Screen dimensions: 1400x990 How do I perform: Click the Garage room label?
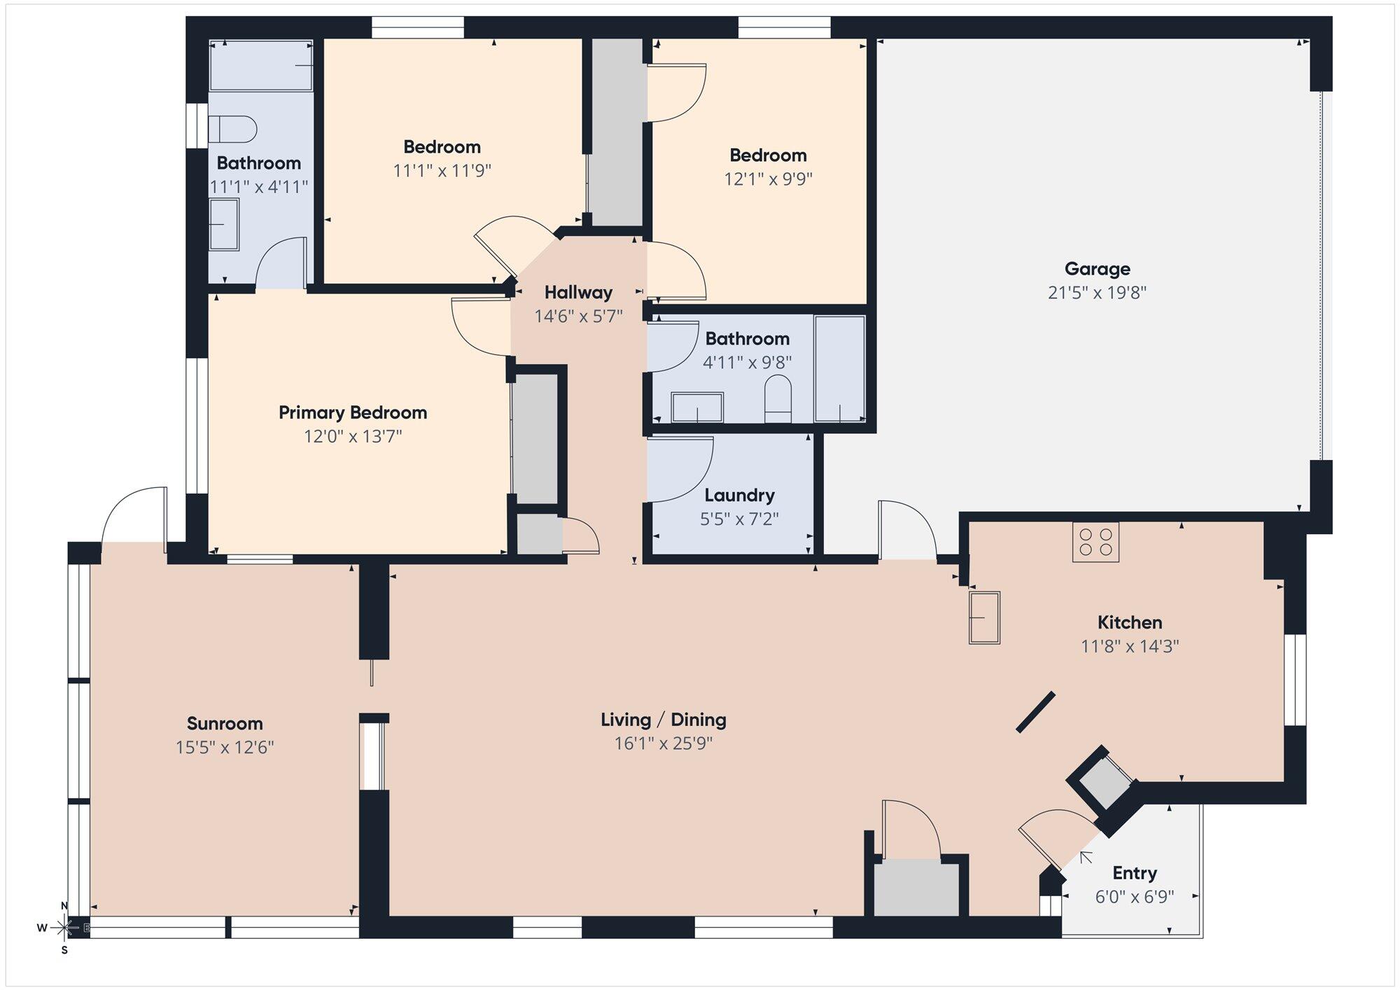click(1097, 269)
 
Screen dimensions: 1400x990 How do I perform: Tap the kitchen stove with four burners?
click(1095, 542)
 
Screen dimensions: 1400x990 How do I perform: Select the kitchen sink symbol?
click(984, 618)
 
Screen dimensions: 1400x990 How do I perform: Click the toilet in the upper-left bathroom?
click(233, 130)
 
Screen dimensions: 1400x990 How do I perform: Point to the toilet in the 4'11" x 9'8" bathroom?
click(778, 398)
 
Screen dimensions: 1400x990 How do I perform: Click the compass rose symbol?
click(64, 928)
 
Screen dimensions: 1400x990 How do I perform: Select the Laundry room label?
click(739, 496)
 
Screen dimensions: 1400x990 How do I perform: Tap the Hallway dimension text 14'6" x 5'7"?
click(578, 316)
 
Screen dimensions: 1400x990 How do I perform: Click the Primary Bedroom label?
click(353, 413)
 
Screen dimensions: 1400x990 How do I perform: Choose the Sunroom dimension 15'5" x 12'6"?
click(224, 748)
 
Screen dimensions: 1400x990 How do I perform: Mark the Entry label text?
click(1135, 873)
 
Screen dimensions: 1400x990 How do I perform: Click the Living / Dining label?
click(664, 720)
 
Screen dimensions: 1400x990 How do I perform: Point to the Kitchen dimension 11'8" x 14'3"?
click(1130, 646)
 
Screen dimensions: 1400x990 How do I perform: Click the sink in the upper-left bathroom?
click(224, 224)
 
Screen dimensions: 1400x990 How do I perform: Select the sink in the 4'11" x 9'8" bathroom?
click(697, 407)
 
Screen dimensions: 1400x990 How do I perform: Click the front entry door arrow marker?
click(1086, 857)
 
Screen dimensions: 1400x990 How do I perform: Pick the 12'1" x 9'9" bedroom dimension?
click(768, 179)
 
